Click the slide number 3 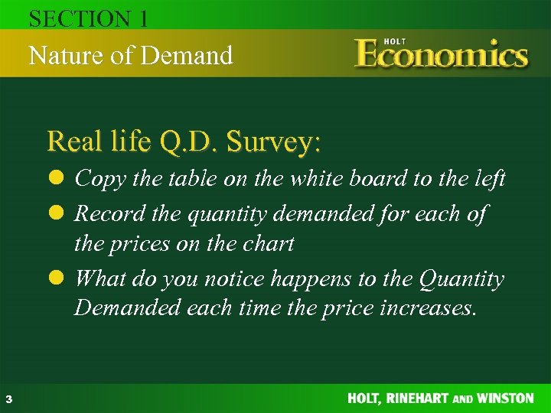click(8, 398)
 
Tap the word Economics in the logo click(442, 56)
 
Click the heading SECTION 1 click(88, 18)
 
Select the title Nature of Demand click(130, 55)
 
